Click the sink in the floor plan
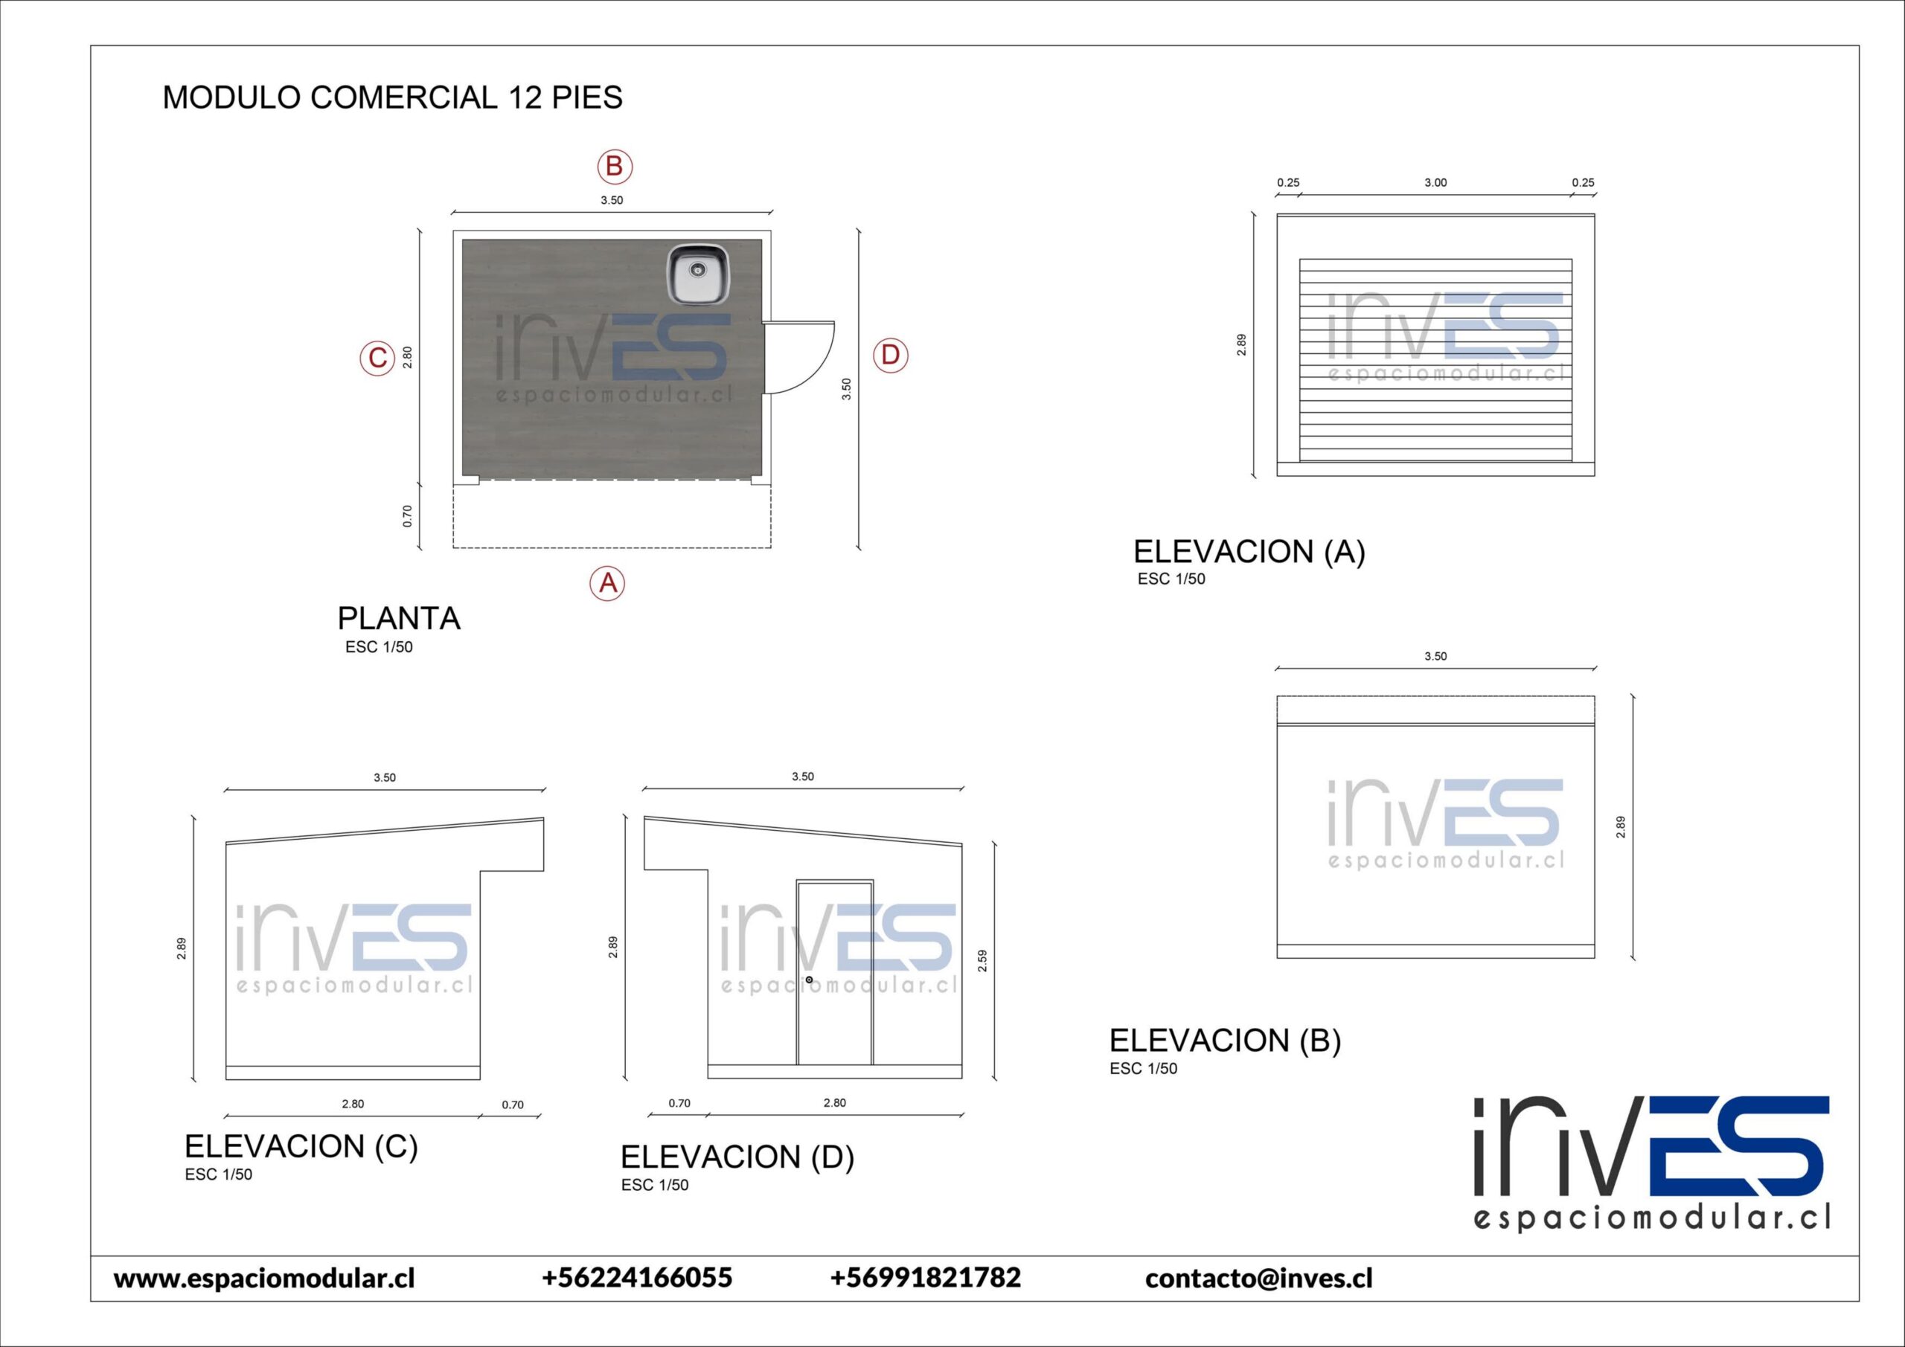699,274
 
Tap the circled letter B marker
615,167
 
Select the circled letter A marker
607,583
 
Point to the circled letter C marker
377,359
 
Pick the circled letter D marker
890,356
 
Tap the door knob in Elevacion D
809,980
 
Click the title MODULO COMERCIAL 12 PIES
392,98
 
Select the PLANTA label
398,619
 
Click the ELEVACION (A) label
1249,553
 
